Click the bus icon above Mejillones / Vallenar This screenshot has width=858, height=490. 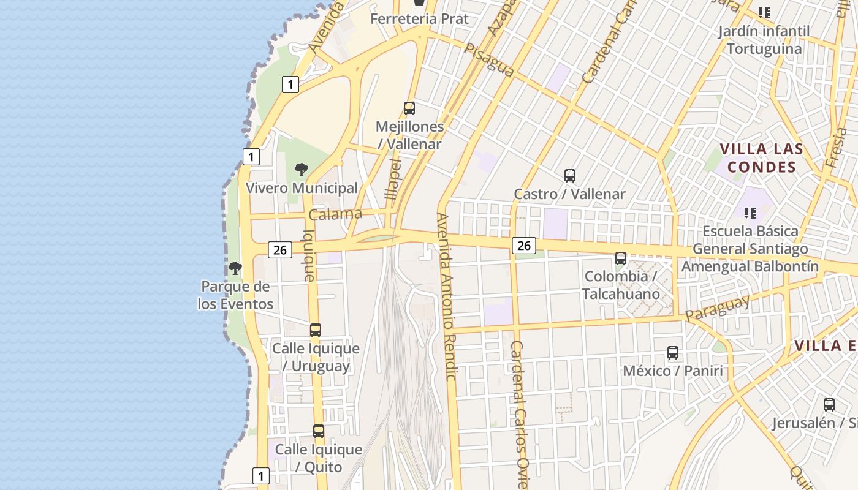click(409, 108)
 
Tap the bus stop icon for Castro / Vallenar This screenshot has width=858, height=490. click(570, 176)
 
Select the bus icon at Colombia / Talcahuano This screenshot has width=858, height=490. click(621, 258)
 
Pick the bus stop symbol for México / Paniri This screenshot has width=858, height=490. click(673, 353)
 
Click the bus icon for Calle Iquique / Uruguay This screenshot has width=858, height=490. click(316, 330)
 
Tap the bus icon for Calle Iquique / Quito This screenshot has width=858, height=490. click(319, 431)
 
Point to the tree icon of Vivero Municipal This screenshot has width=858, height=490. click(301, 170)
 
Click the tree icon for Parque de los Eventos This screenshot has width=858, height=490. click(235, 268)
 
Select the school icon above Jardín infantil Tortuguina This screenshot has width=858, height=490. click(764, 12)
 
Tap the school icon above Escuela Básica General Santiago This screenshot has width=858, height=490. click(750, 213)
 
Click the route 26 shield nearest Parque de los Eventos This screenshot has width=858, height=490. click(280, 250)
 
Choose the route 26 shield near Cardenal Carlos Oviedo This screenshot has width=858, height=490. click(524, 246)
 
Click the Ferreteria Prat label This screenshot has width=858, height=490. click(420, 19)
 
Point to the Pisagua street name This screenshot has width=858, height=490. click(489, 60)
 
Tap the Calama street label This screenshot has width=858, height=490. click(335, 214)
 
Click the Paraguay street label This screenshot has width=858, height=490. click(718, 308)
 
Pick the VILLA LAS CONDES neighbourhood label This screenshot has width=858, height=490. click(762, 158)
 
